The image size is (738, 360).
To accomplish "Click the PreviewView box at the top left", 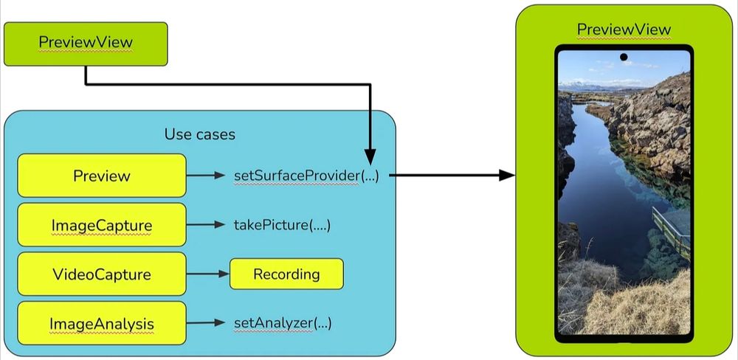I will click(86, 43).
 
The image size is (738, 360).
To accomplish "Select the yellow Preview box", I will click(101, 176).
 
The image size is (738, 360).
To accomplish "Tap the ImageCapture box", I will click(101, 225).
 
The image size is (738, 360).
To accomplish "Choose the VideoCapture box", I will click(101, 274).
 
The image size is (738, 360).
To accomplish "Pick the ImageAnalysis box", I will click(101, 323).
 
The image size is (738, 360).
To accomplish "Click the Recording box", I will click(286, 274).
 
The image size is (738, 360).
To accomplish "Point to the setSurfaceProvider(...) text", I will click(306, 176).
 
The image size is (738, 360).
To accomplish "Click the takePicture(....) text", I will click(281, 225).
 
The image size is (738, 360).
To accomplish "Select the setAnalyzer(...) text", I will click(282, 323).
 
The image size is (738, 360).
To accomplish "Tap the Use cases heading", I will click(199, 134).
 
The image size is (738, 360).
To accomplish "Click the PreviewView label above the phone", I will click(624, 30).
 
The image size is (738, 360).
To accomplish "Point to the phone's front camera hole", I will click(624, 57).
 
